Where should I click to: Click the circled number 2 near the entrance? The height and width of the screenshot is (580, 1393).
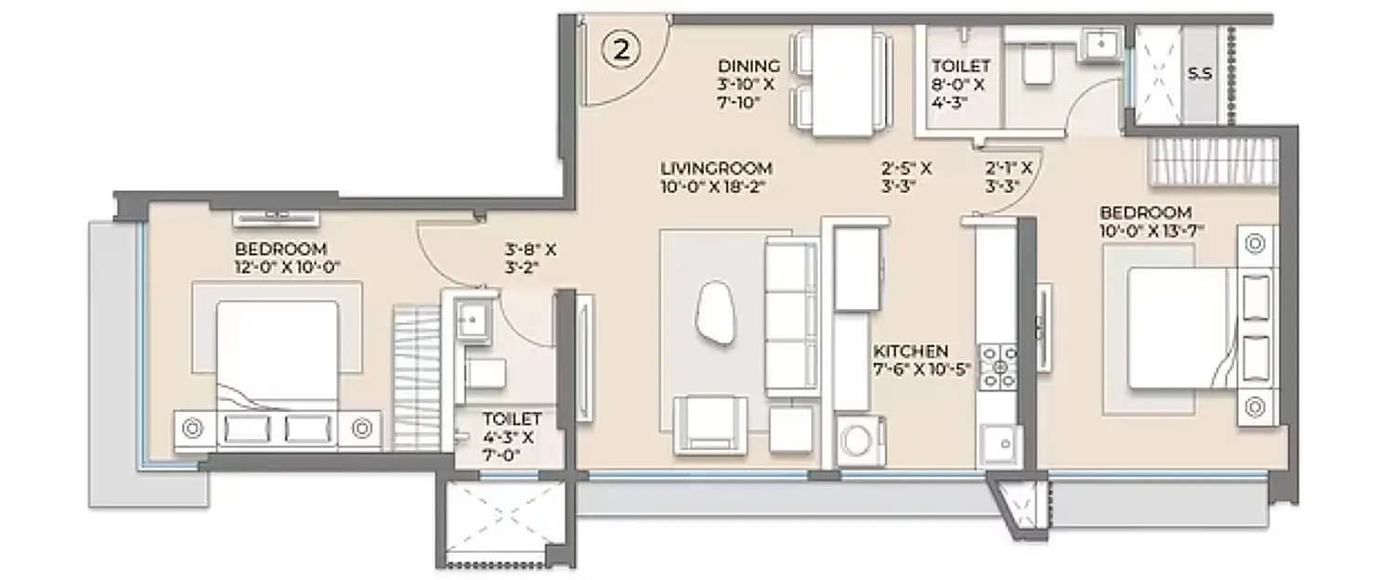pos(621,49)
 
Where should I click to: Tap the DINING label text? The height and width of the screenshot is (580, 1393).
pos(748,66)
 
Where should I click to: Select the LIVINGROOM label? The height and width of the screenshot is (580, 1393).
pos(716,169)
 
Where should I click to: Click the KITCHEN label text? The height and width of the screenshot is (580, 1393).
pos(910,352)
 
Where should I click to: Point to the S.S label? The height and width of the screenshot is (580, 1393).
pos(1200,73)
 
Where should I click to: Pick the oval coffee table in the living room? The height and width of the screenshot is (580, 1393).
pos(714,313)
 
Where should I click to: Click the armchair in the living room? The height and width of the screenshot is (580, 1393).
pos(710,424)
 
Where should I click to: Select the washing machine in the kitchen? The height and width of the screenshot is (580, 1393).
pos(861,442)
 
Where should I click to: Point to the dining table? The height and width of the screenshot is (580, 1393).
pos(842,81)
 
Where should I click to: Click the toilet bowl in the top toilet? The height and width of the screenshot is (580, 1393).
pos(1033,66)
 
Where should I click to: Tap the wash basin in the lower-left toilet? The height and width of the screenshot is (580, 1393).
pos(474,320)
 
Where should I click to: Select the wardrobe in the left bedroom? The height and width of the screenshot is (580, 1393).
pos(415,379)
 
